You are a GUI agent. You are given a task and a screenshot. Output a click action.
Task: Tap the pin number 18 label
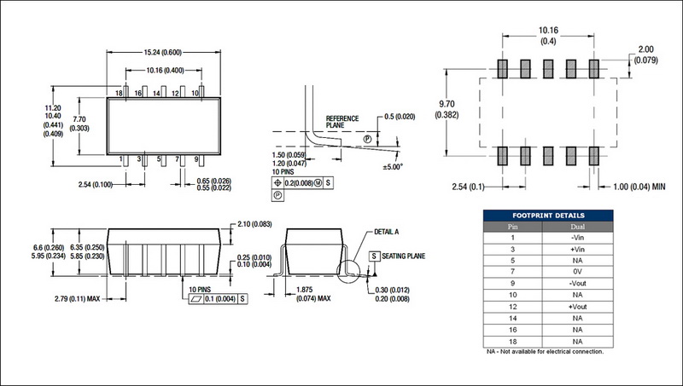tap(120, 91)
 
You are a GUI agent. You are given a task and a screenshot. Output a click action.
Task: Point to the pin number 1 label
tap(120, 158)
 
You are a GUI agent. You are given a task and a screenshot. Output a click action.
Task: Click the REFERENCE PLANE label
tap(342, 122)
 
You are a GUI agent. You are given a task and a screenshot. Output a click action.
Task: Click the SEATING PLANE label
tap(405, 256)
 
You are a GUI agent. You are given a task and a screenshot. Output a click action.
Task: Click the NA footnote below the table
tap(544, 351)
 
